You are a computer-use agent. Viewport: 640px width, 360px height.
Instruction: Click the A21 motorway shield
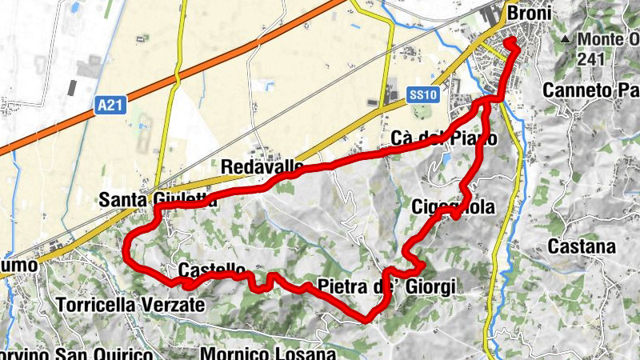pyautogui.click(x=110, y=104)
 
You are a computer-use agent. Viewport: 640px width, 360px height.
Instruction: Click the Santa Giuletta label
pyautogui.click(x=158, y=200)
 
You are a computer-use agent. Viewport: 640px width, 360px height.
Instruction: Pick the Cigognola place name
pyautogui.click(x=453, y=207)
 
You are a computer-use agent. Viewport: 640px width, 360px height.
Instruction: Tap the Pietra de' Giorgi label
pyautogui.click(x=386, y=286)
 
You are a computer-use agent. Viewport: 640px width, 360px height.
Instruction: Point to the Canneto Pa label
pyautogui.click(x=590, y=90)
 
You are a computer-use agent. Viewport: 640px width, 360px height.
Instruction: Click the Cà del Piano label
pyautogui.click(x=445, y=138)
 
